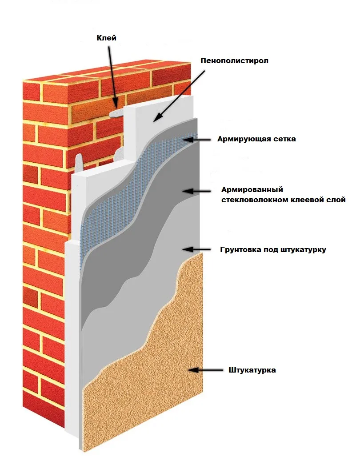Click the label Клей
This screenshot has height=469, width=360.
107,38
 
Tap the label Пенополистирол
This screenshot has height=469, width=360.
235,60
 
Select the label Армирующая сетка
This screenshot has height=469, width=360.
256,139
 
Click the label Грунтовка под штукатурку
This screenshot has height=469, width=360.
273,249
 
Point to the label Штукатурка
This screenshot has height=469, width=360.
252,370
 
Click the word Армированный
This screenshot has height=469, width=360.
252,190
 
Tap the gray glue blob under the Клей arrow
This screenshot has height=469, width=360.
115,113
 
